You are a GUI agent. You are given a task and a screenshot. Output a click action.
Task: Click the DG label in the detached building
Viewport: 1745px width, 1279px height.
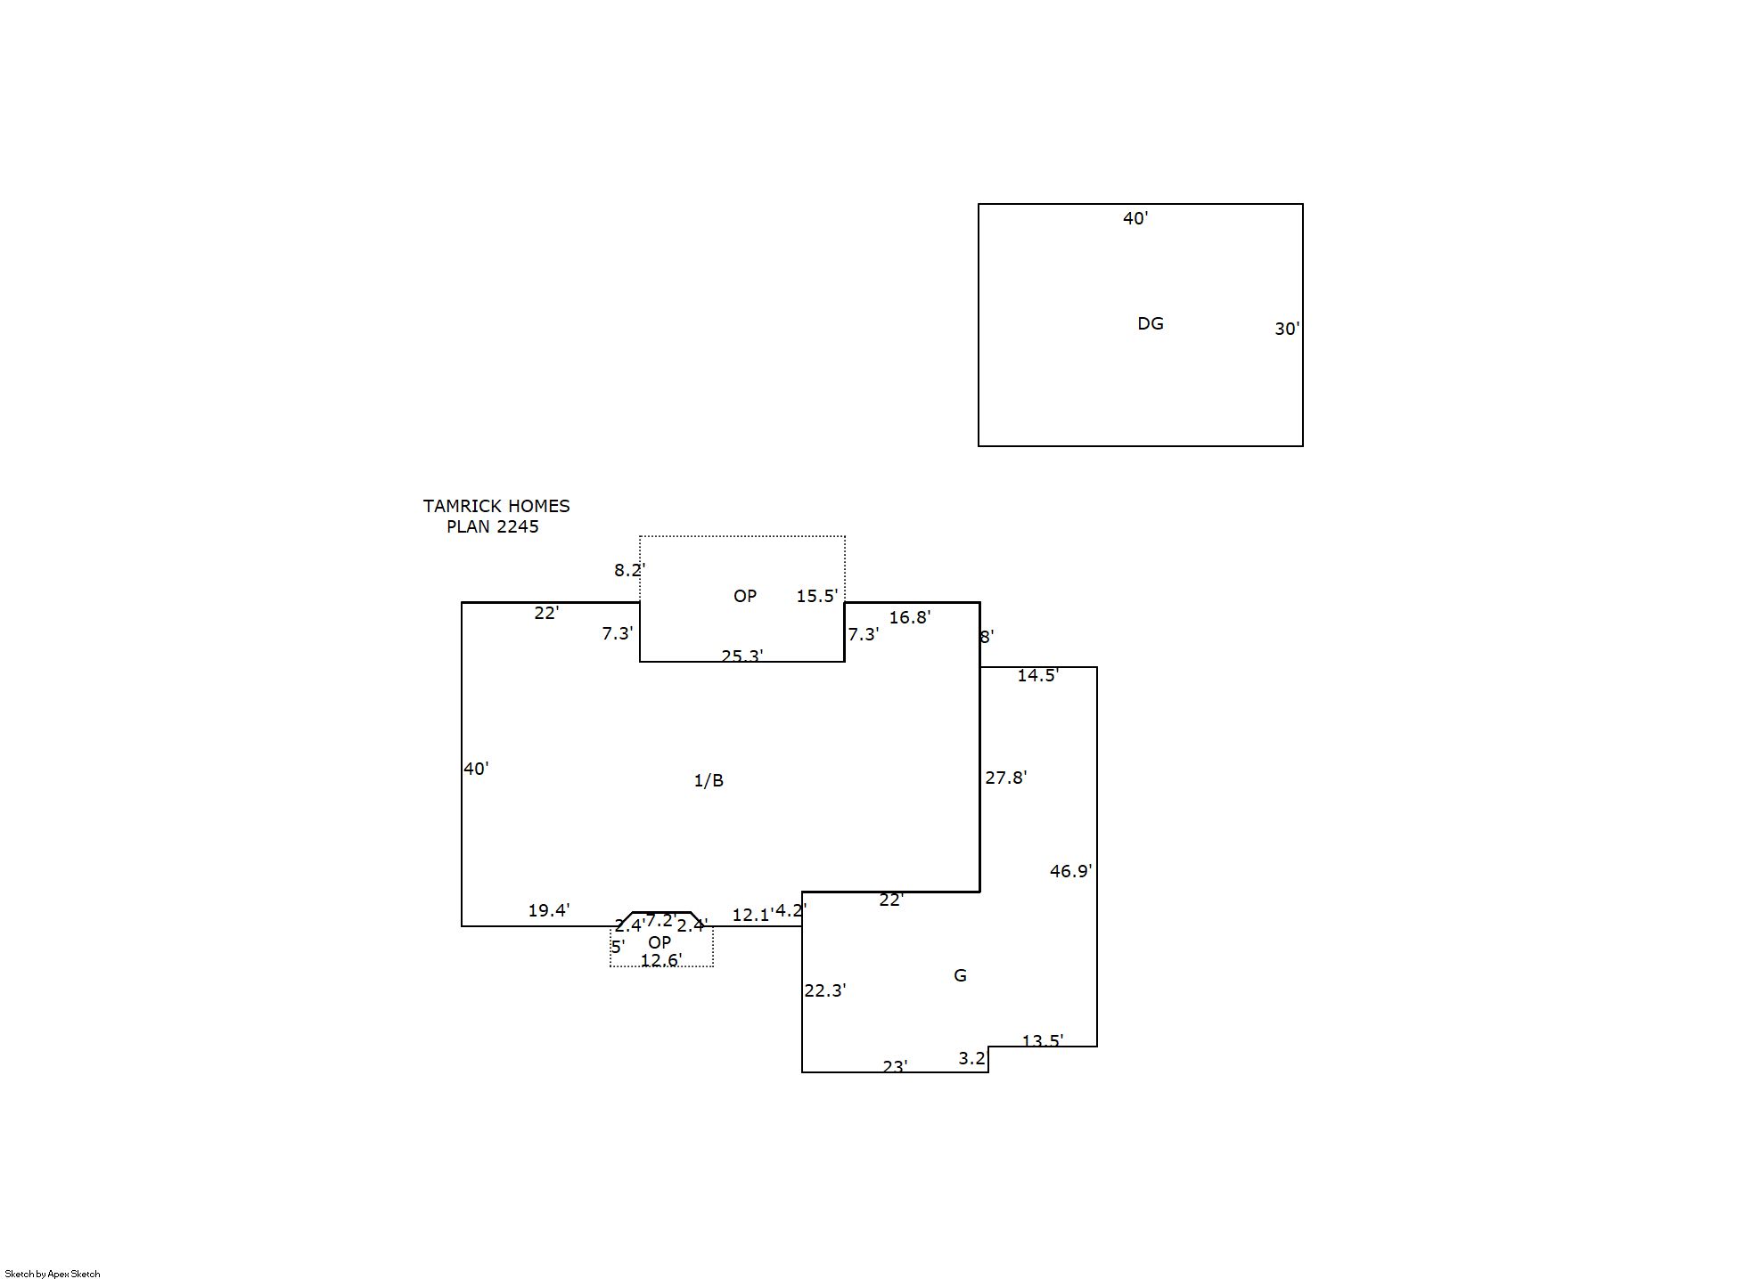pyautogui.click(x=1151, y=323)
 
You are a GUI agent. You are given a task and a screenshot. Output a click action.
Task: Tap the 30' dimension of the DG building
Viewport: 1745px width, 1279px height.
pyautogui.click(x=1287, y=329)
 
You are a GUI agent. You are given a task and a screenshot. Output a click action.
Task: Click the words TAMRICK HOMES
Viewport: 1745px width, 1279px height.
pyautogui.click(x=496, y=506)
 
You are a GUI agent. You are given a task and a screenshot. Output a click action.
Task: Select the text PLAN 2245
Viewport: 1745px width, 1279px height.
pyautogui.click(x=493, y=526)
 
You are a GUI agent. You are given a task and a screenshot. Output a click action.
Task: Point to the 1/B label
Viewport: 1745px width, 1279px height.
pyautogui.click(x=709, y=780)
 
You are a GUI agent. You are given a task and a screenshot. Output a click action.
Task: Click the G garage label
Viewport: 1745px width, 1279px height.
pyautogui.click(x=960, y=975)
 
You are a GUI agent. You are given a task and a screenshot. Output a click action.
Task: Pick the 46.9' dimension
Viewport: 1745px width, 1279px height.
pyautogui.click(x=1070, y=871)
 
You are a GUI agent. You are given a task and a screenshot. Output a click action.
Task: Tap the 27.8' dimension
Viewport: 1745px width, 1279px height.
pyautogui.click(x=1005, y=778)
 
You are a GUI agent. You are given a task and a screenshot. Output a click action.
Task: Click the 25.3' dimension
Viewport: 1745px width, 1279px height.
pyautogui.click(x=741, y=656)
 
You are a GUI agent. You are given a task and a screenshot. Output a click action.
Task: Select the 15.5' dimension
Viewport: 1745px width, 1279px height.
pyautogui.click(x=816, y=596)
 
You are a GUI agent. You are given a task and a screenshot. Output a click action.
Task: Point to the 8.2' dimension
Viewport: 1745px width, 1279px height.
pyautogui.click(x=629, y=570)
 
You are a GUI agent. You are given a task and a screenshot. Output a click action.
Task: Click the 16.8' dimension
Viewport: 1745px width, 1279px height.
pyautogui.click(x=909, y=617)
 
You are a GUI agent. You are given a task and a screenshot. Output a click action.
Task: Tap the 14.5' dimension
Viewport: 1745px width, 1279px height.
pyautogui.click(x=1037, y=675)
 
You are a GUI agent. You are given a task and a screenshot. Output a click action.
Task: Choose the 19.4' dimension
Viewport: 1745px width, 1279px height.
pyautogui.click(x=548, y=910)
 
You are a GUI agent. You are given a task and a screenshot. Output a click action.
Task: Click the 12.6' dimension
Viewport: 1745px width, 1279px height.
pyautogui.click(x=660, y=959)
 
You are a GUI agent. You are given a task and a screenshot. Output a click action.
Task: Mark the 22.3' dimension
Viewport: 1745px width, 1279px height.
pyautogui.click(x=824, y=990)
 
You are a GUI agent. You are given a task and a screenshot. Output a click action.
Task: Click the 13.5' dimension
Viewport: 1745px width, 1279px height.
pyautogui.click(x=1042, y=1040)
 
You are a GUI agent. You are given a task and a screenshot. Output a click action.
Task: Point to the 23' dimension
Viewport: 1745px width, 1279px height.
pyautogui.click(x=895, y=1066)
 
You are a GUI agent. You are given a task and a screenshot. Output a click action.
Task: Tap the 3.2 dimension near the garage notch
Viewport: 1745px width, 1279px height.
pyautogui.click(x=971, y=1058)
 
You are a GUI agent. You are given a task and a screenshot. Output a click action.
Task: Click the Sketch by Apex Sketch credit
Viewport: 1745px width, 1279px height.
pyautogui.click(x=53, y=1274)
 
